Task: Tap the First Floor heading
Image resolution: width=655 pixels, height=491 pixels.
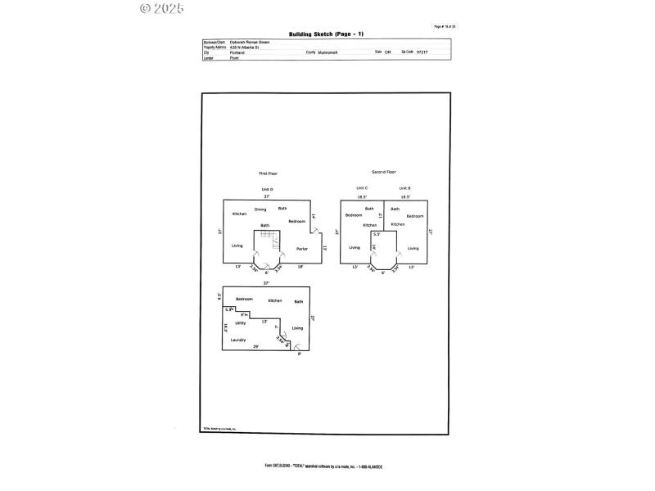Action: [268, 173]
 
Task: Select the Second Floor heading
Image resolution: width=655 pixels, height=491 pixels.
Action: [384, 172]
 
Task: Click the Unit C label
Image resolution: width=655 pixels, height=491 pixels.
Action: [361, 188]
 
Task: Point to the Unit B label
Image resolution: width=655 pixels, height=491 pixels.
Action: [404, 188]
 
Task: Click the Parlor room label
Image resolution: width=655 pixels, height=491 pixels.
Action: [302, 248]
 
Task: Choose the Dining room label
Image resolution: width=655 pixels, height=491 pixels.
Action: [260, 209]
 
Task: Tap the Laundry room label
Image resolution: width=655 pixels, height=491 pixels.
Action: [238, 340]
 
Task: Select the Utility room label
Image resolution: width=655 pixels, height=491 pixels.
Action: [241, 323]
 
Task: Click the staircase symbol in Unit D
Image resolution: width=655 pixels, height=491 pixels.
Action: [267, 237]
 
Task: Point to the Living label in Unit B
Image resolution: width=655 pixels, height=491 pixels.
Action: [413, 248]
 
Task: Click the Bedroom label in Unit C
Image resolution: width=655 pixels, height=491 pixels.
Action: [354, 215]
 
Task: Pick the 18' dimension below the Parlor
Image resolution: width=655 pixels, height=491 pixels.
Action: [300, 267]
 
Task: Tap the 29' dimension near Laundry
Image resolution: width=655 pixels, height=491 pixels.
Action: [257, 346]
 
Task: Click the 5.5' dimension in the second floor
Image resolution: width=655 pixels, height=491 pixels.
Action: [376, 233]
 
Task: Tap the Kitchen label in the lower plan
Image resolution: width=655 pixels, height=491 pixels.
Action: [275, 300]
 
